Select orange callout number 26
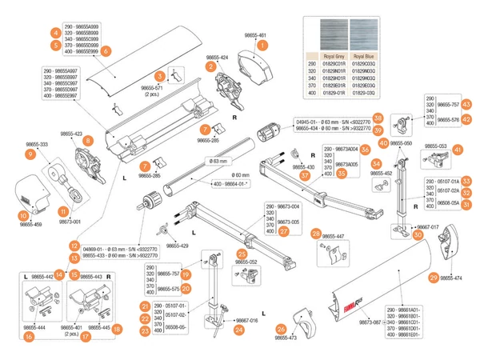(281, 329)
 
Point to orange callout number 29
(434, 278)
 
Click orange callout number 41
(458, 150)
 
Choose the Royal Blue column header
(364, 57)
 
